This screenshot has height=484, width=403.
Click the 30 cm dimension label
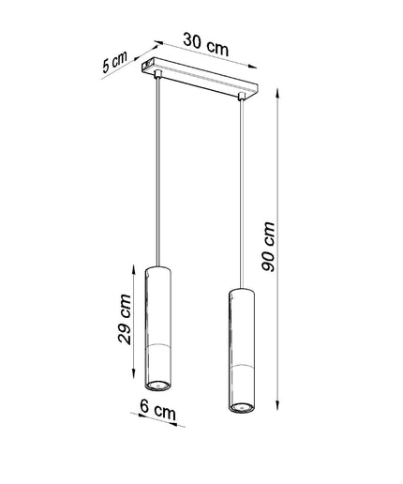(x=206, y=45)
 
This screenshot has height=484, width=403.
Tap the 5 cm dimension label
(x=114, y=62)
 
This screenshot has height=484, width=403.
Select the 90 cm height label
(x=268, y=247)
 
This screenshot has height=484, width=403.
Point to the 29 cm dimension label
(x=125, y=319)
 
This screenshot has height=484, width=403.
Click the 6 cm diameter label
(x=157, y=410)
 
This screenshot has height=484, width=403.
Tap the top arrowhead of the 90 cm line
(x=277, y=93)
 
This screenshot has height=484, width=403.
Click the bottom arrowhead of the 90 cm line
(x=277, y=404)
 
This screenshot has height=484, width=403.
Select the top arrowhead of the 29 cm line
(x=134, y=269)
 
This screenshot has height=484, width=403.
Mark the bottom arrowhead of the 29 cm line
(x=134, y=373)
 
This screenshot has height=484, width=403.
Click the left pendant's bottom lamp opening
(x=157, y=385)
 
